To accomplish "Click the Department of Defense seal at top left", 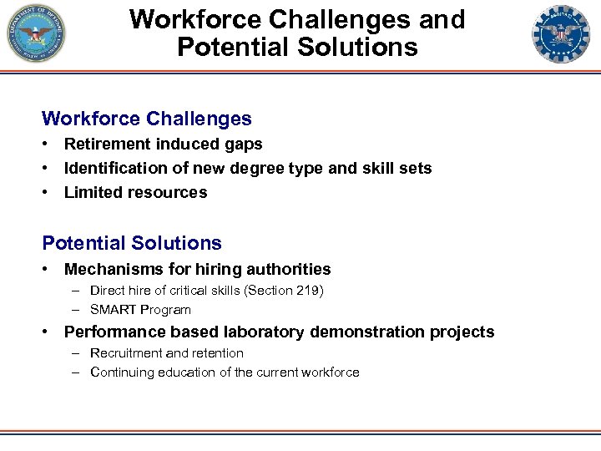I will pos(38,34).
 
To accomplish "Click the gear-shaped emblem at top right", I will pos(561,34).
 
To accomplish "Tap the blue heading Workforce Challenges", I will pos(147,119).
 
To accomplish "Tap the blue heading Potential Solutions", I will pos(132,243).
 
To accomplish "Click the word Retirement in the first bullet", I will pos(105,144).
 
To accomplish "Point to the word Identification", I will pos(116,168).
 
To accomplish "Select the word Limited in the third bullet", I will pos(93,192).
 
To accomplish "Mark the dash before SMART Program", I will pos(75,310).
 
